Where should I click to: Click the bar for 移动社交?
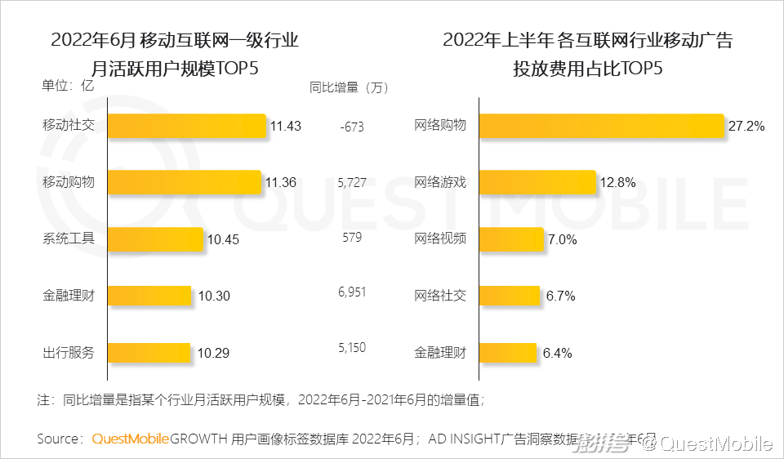tap(187, 126)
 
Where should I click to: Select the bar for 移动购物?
tap(185, 182)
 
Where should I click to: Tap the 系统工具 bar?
tap(156, 238)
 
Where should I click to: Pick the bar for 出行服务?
tap(149, 353)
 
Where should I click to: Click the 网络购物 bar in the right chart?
tap(602, 126)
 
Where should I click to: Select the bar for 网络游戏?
tap(537, 182)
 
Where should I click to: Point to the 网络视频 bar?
tap(511, 239)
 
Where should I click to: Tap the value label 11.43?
tap(286, 126)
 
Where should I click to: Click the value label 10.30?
tap(214, 296)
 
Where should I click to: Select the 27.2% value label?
tap(746, 126)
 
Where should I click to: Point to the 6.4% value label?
tap(557, 354)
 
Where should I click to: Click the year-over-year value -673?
tap(350, 127)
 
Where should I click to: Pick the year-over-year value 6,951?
tap(352, 291)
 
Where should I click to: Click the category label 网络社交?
tap(440, 296)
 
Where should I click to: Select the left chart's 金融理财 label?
tap(69, 296)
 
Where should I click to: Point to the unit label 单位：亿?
tap(69, 83)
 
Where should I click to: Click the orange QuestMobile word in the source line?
tap(131, 439)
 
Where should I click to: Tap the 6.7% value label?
tap(560, 296)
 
